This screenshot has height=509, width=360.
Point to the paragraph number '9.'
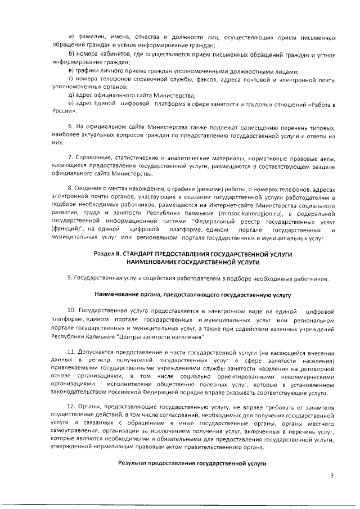70,278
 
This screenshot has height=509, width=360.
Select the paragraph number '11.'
72,352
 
